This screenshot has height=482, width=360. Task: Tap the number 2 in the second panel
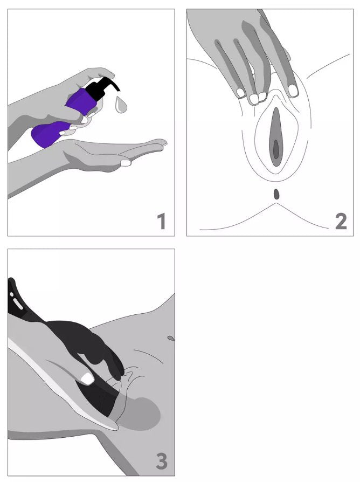click(341, 222)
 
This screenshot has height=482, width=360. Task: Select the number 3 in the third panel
click(162, 461)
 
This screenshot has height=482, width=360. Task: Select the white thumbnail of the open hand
click(126, 163)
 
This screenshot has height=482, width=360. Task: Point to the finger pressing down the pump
click(101, 73)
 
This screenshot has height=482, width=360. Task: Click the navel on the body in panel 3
click(171, 338)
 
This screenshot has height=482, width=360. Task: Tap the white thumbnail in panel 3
click(87, 378)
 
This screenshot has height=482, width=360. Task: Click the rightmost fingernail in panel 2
click(293, 90)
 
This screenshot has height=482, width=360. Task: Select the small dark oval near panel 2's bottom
click(277, 194)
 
